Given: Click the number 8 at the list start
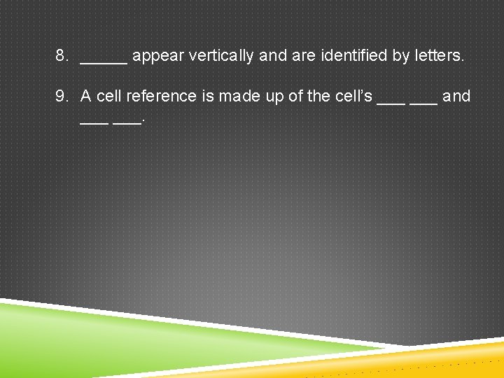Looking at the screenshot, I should [x=61, y=55].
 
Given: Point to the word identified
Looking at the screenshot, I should [x=354, y=55].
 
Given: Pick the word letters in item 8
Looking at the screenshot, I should [x=438, y=55].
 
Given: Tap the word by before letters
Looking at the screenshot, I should [x=401, y=56].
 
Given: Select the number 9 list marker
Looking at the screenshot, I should [x=61, y=96].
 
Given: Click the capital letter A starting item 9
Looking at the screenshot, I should [x=86, y=96].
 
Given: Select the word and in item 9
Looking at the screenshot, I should [x=456, y=96].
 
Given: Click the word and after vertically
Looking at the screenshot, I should [x=273, y=56].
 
